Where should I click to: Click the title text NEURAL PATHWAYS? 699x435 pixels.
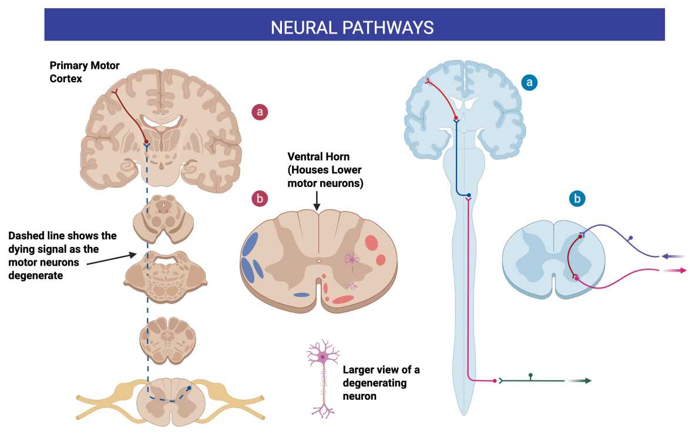[x=352, y=28]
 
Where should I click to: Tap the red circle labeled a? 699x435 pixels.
[x=260, y=112]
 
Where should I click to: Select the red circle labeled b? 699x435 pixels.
[x=260, y=198]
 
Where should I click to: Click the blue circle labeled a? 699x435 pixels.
[x=529, y=82]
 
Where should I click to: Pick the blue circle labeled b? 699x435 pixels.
[x=577, y=198]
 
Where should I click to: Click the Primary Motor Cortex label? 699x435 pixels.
[x=84, y=72]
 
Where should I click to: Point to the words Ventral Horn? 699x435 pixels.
[x=318, y=156]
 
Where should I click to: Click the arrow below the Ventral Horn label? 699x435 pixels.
[x=317, y=201]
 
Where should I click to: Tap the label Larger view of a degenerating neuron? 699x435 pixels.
[x=381, y=383]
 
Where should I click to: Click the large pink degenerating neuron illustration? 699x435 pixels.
[x=322, y=379]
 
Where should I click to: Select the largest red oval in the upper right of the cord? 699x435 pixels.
[x=371, y=243]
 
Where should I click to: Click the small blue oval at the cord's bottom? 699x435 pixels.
[x=301, y=295]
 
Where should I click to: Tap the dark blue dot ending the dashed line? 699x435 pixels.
[x=189, y=389]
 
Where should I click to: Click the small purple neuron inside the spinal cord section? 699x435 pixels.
[x=352, y=259]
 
